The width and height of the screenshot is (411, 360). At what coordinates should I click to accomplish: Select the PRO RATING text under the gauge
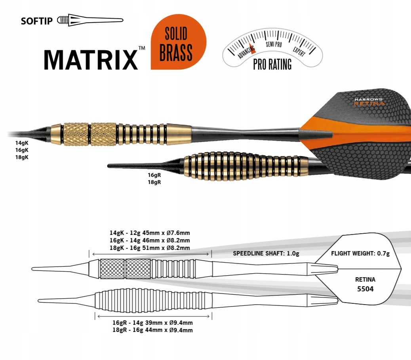point(272,64)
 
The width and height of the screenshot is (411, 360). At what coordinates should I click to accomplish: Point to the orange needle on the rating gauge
point(252,48)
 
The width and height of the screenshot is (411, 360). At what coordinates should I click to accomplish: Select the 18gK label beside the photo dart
point(22,157)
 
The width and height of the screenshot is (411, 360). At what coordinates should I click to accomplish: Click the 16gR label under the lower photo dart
point(154,174)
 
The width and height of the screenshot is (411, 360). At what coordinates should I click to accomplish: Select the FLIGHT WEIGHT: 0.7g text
point(360,253)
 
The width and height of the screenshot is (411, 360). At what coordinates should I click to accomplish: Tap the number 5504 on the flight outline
point(365,289)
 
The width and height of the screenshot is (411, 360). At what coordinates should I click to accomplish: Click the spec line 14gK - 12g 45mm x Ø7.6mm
point(150,233)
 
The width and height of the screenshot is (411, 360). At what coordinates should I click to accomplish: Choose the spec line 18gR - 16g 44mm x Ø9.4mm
point(152,330)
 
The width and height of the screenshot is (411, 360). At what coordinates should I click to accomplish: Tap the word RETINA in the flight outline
point(365,279)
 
